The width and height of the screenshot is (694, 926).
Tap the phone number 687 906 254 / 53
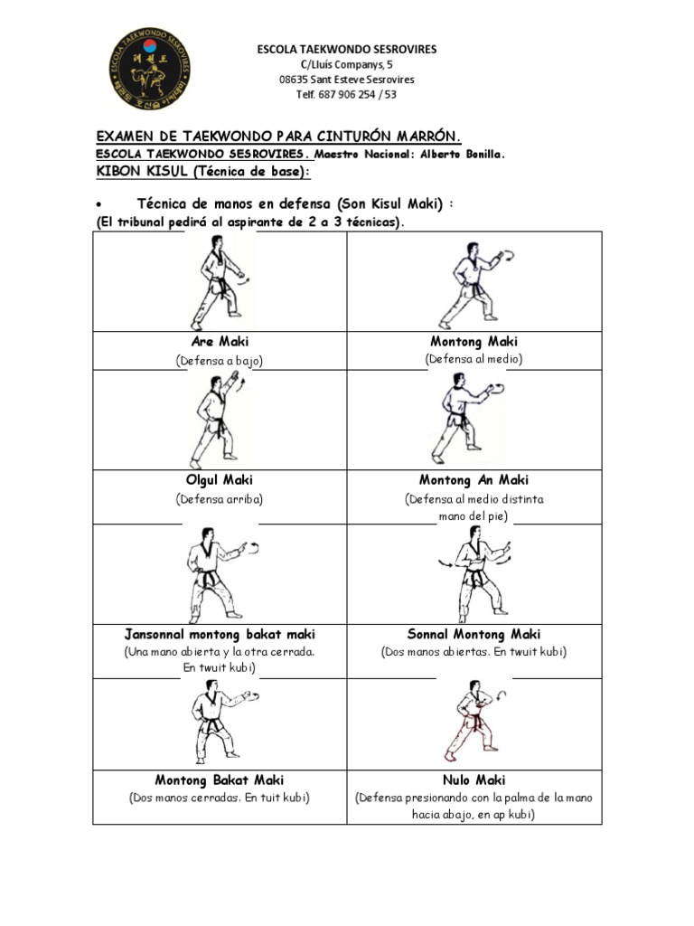[x=359, y=94]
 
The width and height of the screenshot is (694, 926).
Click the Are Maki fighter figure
[x=217, y=281]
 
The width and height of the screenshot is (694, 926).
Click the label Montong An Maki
[x=474, y=480]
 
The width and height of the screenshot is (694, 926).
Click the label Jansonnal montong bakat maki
[x=220, y=634]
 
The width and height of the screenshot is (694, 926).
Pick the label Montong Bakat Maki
[x=219, y=780]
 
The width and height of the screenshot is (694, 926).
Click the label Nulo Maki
[x=474, y=780]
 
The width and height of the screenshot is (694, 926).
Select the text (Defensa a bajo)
[x=220, y=361]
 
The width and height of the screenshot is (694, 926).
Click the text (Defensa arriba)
[x=219, y=498]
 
